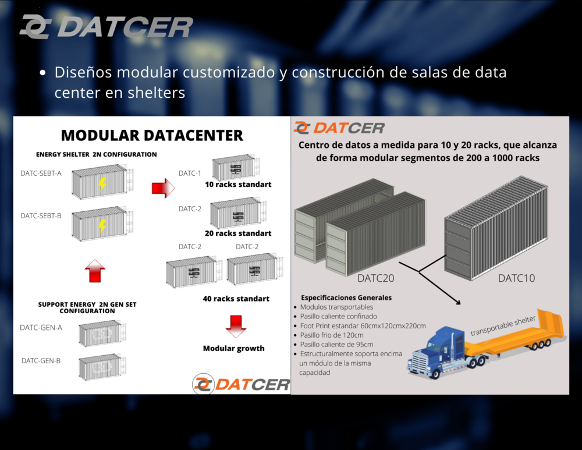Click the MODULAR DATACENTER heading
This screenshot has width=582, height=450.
point(152,136)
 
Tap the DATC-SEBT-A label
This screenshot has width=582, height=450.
point(41,173)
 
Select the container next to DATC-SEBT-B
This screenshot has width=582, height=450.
point(102,224)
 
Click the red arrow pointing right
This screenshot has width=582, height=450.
point(163,188)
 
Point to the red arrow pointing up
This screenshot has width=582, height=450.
point(95,271)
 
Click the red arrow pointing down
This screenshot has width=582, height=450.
point(236,326)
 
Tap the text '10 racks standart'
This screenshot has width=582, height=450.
point(238,185)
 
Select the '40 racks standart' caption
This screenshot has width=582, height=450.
point(236,299)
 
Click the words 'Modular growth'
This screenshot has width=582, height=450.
point(234,348)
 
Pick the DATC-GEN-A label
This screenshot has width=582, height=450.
point(41,328)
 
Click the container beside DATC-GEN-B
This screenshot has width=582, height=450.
point(102,367)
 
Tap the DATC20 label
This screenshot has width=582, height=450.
point(375,278)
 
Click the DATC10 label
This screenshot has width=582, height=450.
point(516,278)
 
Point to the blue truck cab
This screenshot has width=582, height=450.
point(438,351)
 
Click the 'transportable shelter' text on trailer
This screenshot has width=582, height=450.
point(503,325)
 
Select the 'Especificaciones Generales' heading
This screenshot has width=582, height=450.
point(346,298)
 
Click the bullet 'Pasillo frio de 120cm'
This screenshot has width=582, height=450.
point(332,335)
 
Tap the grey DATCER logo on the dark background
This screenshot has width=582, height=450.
point(107,27)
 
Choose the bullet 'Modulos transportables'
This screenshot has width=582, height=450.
point(336,307)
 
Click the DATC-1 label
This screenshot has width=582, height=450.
point(190,173)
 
